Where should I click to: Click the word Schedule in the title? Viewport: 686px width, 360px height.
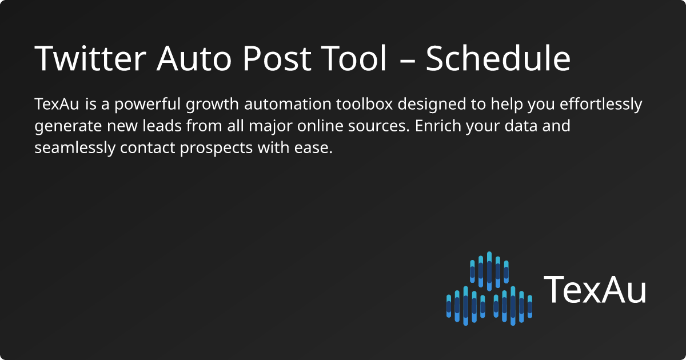tap(498, 58)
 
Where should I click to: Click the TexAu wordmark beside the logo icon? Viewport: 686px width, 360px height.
tap(595, 289)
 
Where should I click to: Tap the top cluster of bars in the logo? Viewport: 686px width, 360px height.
tap(489, 270)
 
